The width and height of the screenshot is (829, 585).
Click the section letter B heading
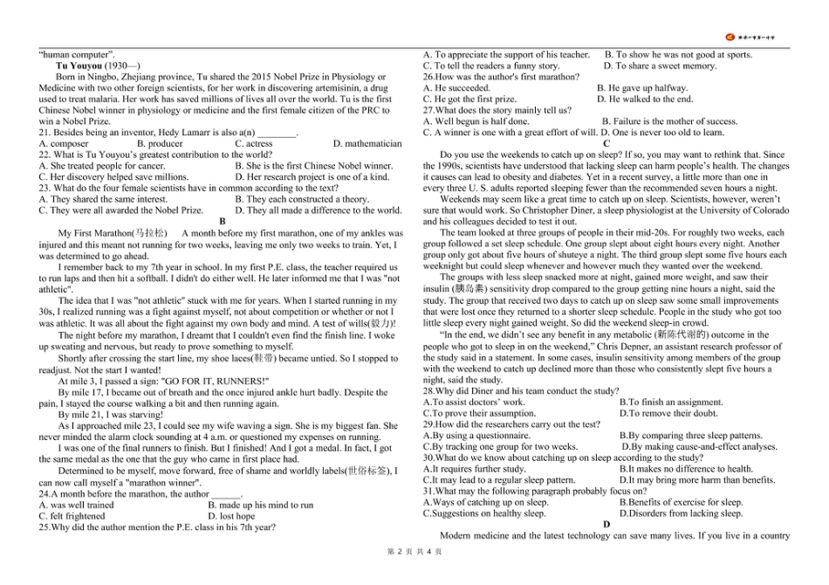[223, 222]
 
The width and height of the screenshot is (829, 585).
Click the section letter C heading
[606, 143]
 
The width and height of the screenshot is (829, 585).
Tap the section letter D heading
[606, 525]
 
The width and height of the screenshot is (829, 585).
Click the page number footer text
[414, 552]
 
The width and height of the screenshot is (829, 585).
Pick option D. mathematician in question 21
[367, 143]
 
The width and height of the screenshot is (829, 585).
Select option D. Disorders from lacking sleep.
[681, 513]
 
